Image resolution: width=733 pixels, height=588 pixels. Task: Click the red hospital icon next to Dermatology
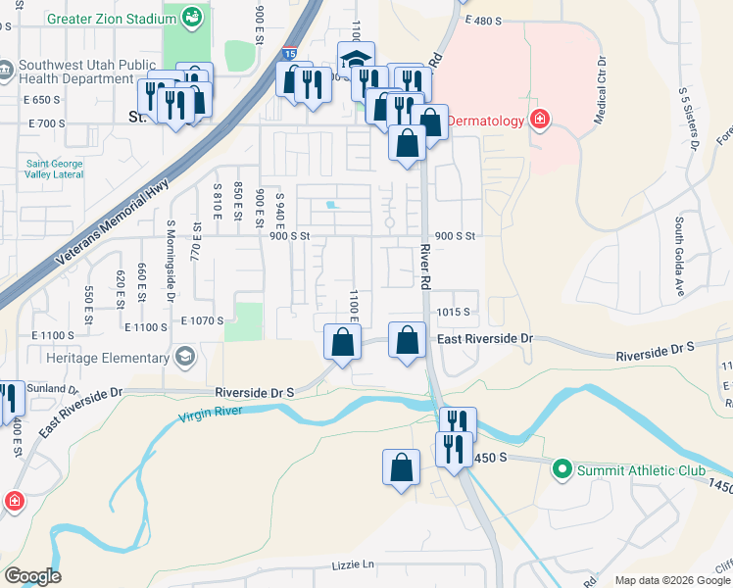point(538,120)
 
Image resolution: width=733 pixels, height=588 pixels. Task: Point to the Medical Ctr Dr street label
point(600,97)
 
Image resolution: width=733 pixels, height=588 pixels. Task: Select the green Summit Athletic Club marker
point(562,470)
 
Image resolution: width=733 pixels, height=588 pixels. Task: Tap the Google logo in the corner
point(31,576)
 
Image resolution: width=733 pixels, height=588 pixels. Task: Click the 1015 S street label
point(454,312)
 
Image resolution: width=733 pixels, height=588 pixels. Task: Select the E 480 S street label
point(490,20)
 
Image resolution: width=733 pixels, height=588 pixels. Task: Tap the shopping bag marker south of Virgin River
point(402,467)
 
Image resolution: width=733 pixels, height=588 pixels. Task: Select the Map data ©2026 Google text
point(672,580)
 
